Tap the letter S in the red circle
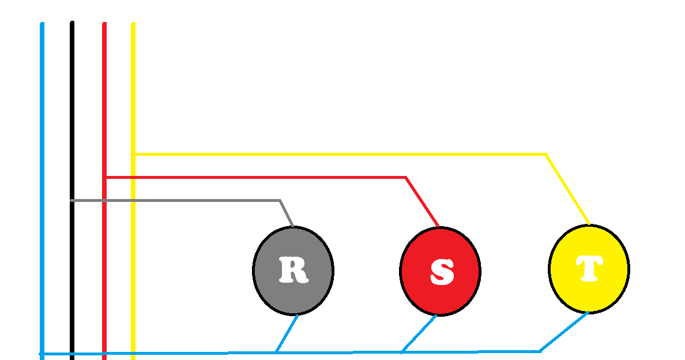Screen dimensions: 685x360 pos(442,271)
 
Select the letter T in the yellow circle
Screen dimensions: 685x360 pos(589,268)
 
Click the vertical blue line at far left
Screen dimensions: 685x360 pos(42,191)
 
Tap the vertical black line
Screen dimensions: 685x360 pos(72,190)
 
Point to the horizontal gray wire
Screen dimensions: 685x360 pos(176,201)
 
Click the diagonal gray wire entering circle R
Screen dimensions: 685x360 pos(287,213)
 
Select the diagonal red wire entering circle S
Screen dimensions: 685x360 pos(423,202)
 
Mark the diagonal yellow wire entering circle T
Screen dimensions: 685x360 pos(568,190)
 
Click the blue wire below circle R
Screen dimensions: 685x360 pos(287,333)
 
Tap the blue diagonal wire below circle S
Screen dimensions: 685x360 pos(419,334)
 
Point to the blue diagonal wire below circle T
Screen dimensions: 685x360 pos(564,332)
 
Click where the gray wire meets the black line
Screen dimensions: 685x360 pos(72,201)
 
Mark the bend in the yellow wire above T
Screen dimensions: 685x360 pos(546,154)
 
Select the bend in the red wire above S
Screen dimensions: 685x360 pos(406,177)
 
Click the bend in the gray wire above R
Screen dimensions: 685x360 pos(280,201)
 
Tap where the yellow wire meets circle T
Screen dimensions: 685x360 pos(590,224)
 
